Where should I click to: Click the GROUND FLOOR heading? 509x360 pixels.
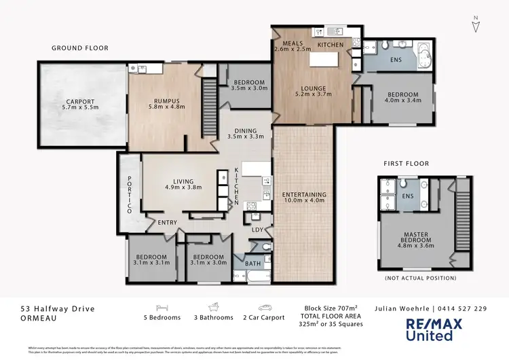(x=80, y=48)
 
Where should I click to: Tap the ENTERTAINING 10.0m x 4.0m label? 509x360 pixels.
(x=304, y=198)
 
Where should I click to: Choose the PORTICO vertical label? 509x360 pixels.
(x=130, y=196)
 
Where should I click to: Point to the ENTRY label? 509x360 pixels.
(x=167, y=223)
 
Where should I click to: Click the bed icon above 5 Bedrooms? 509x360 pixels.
(x=162, y=306)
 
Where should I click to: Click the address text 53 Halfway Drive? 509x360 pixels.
(x=57, y=308)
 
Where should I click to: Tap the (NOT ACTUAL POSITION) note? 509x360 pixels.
(x=414, y=279)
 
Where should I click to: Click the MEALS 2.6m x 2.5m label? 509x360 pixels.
(x=293, y=46)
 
